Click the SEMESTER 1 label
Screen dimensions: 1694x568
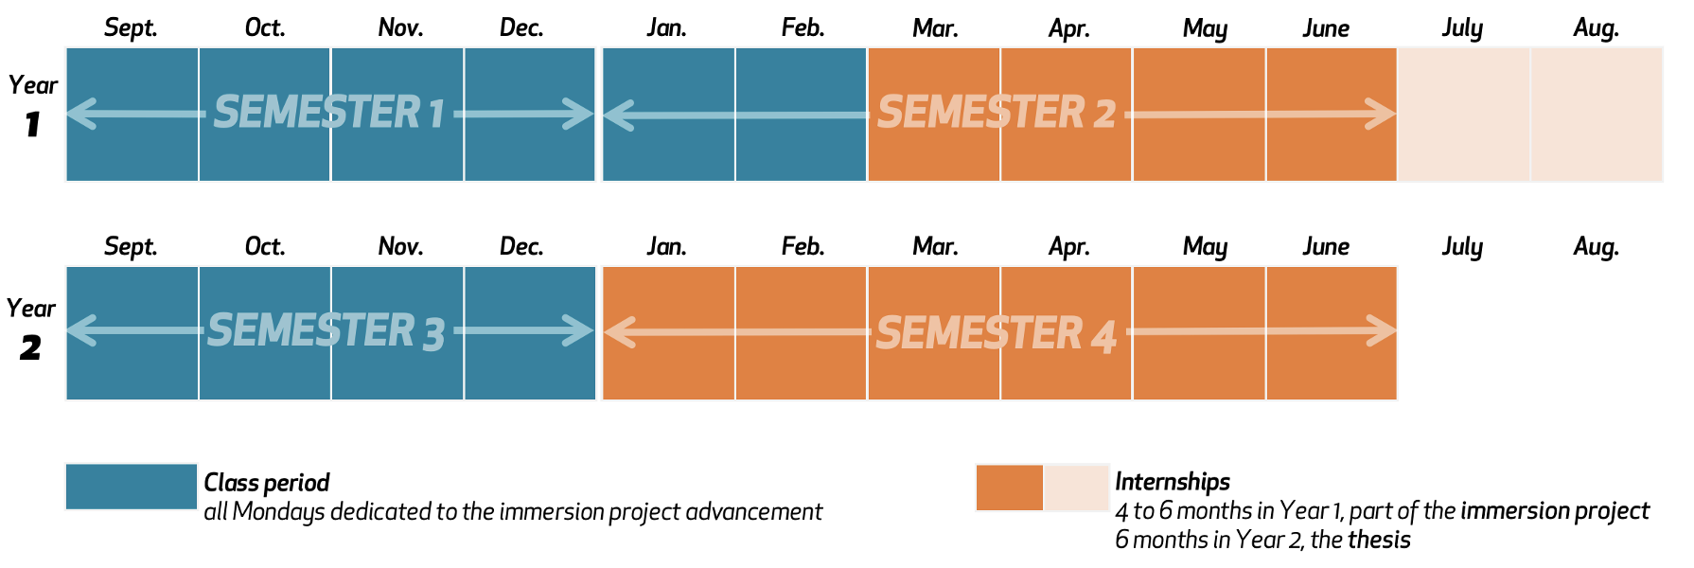[328, 113]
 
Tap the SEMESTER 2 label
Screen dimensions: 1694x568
[997, 113]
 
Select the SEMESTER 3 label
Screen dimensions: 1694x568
[326, 331]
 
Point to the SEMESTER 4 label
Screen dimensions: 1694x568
[997, 333]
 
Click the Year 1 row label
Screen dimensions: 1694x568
[33, 104]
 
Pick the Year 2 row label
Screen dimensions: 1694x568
[31, 328]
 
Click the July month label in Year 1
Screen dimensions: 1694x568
[1462, 28]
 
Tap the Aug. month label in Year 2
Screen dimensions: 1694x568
[1597, 247]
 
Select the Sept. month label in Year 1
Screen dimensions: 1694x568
[131, 28]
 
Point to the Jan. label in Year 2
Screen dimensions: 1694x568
[667, 247]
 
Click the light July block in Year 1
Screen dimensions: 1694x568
[1464, 115]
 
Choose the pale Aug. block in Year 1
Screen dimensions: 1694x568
[1597, 115]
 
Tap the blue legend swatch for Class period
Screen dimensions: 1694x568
[132, 487]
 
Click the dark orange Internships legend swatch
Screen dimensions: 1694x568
[1010, 488]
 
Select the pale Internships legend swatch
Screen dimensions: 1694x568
[1077, 488]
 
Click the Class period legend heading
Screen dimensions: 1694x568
[267, 483]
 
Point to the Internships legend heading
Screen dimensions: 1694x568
[1173, 482]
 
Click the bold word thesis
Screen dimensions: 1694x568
[1379, 540]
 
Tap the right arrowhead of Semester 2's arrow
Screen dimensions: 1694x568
[1381, 115]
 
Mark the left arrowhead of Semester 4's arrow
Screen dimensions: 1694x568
[620, 332]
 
